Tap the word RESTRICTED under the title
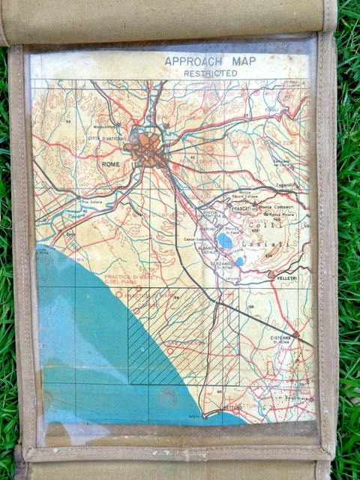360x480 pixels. point(210,73)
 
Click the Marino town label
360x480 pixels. point(207,229)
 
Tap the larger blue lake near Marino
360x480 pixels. point(225,241)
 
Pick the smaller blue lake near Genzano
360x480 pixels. point(238,261)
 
